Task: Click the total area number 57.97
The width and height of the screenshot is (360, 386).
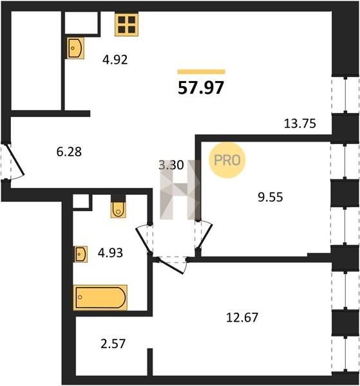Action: click(x=200, y=87)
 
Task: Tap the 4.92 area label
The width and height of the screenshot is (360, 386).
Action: click(x=115, y=60)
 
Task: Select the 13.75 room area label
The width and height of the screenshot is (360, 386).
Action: click(x=299, y=124)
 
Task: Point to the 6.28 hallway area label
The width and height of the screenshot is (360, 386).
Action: click(x=69, y=152)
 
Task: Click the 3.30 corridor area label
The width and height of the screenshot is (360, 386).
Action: click(x=171, y=165)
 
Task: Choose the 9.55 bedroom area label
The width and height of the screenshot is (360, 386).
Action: click(x=270, y=198)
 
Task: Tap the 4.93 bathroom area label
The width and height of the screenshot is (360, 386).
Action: click(x=110, y=253)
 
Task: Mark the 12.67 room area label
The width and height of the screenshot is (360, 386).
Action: click(x=242, y=317)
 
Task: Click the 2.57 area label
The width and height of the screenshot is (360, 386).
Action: click(x=113, y=344)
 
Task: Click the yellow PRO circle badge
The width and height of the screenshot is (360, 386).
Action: click(x=227, y=160)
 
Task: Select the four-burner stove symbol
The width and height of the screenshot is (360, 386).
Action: click(x=126, y=24)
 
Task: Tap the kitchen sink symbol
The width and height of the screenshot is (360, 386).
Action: click(x=75, y=48)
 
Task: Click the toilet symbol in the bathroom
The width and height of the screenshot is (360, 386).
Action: click(x=118, y=210)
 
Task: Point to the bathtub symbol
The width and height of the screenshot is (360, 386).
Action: click(x=100, y=297)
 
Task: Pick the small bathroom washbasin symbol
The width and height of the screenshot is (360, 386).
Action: click(x=81, y=254)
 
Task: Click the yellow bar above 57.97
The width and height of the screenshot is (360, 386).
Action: click(x=201, y=71)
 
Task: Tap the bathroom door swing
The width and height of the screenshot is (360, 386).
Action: click(x=144, y=239)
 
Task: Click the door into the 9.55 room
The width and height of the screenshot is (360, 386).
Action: click(x=205, y=235)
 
